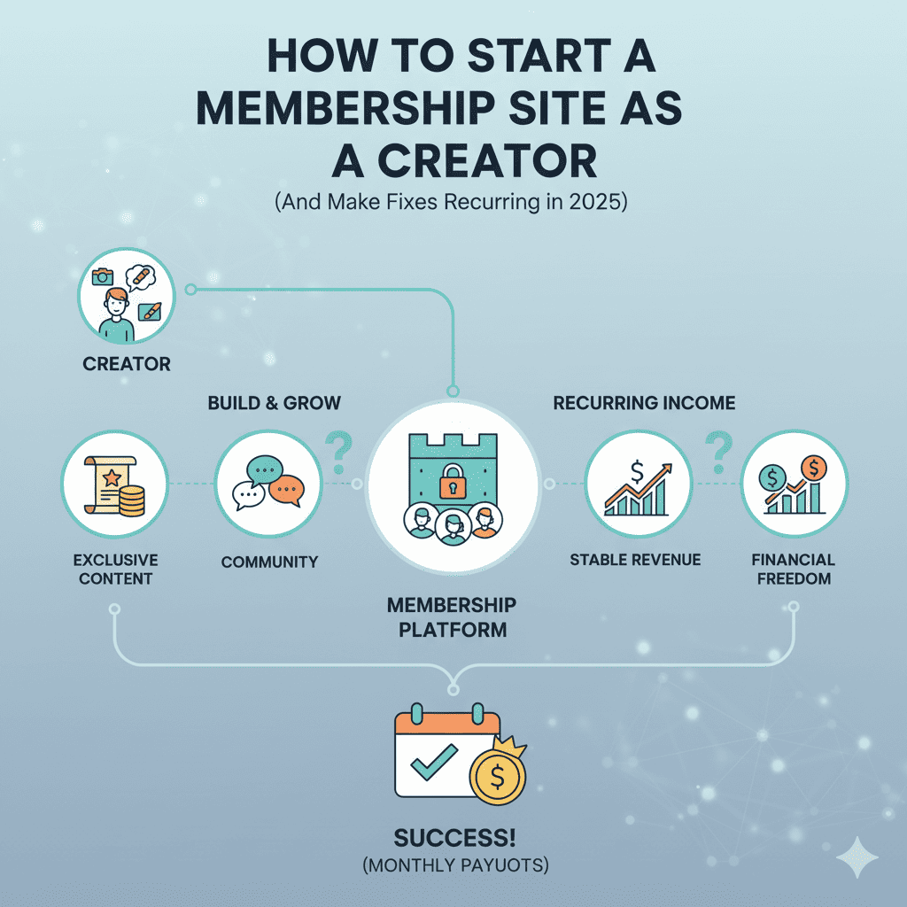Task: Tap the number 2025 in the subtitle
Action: pyautogui.click(x=599, y=202)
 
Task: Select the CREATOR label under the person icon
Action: pyautogui.click(x=127, y=364)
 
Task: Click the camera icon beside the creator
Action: pyautogui.click(x=103, y=277)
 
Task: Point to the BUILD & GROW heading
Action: pyautogui.click(x=274, y=403)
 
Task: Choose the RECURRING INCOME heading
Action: pyautogui.click(x=644, y=403)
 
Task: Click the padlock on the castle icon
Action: pyautogui.click(x=453, y=481)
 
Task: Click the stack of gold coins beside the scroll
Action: pyautogui.click(x=131, y=501)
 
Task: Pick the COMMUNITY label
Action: pyautogui.click(x=269, y=562)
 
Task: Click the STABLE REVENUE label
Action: pyautogui.click(x=635, y=560)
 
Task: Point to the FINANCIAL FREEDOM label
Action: pyautogui.click(x=793, y=570)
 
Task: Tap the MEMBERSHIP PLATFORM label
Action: pyautogui.click(x=452, y=617)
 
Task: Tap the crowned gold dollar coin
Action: pyautogui.click(x=498, y=776)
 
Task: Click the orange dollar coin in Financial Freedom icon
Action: pyautogui.click(x=812, y=467)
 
